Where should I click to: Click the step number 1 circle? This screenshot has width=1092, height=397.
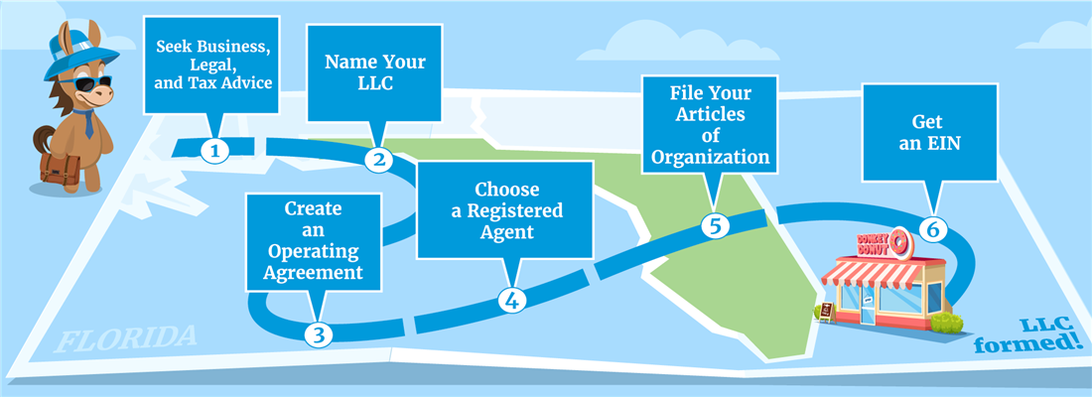tap(214, 151)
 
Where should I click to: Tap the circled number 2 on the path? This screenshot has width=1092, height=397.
tap(378, 159)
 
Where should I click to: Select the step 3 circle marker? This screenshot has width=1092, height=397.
tap(318, 333)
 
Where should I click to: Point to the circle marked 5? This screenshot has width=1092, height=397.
tap(714, 224)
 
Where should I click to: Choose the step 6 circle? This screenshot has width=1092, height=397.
tap(930, 228)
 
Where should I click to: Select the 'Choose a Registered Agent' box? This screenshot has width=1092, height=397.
tap(505, 209)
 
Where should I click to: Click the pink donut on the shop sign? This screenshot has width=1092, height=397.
tap(900, 241)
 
